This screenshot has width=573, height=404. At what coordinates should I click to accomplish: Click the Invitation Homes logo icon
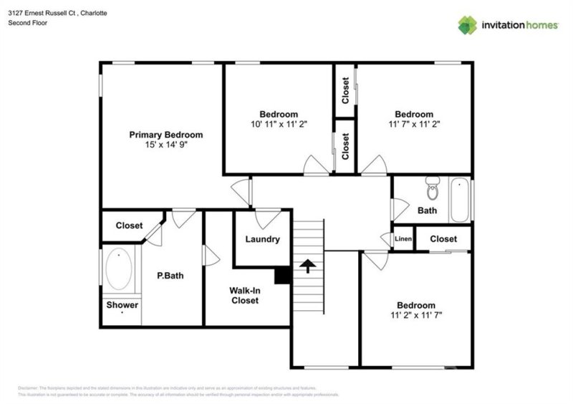click(x=468, y=25)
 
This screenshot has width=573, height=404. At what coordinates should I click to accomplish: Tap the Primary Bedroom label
click(x=165, y=135)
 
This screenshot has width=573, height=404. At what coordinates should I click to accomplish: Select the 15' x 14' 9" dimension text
click(x=165, y=145)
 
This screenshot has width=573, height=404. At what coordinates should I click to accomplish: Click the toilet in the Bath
click(x=431, y=188)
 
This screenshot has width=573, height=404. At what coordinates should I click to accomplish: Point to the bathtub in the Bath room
click(x=459, y=201)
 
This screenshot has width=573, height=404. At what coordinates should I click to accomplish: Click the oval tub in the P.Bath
click(x=119, y=269)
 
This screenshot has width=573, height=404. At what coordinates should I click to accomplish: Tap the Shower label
click(x=122, y=305)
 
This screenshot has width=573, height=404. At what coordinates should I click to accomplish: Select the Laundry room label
click(x=262, y=239)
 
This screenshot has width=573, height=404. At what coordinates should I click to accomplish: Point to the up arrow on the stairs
click(x=308, y=267)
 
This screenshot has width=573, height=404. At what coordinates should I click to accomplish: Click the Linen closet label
click(x=403, y=239)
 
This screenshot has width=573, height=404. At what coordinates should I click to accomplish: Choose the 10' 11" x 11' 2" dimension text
click(x=279, y=124)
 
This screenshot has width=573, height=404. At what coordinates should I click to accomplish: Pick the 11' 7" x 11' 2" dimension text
click(x=414, y=124)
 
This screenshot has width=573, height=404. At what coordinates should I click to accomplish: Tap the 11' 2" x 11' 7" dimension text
click(x=416, y=314)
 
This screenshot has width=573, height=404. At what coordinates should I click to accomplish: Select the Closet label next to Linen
click(x=443, y=239)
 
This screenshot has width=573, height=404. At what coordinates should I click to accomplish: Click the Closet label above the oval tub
click(x=129, y=225)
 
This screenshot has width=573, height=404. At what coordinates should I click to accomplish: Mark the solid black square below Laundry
click(x=282, y=275)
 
